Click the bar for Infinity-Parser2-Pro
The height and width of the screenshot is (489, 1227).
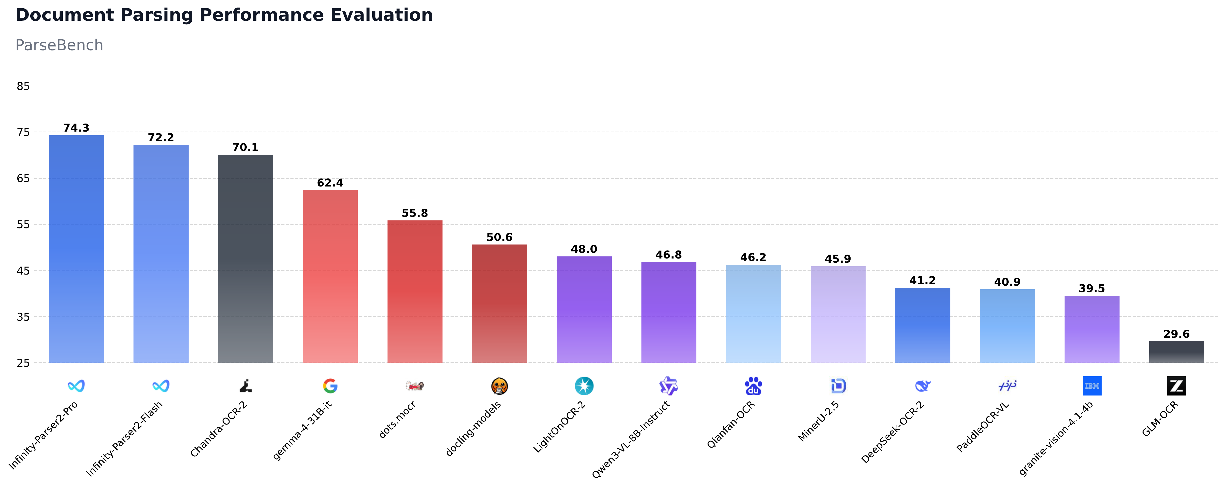[x=76, y=249]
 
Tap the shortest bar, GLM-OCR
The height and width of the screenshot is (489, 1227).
[x=1176, y=352]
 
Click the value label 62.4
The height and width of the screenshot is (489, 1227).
[x=330, y=183]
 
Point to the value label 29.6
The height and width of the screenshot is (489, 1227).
[x=1176, y=334]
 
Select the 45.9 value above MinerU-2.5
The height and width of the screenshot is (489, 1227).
[x=838, y=259]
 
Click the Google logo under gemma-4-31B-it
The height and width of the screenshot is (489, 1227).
[x=330, y=386]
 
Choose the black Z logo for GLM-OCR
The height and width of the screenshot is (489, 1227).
[x=1176, y=386]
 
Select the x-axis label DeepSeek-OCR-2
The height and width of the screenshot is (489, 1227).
[x=893, y=432]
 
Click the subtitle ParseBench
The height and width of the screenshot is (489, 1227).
[x=59, y=45]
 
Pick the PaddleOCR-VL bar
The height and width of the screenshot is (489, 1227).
[x=1007, y=326]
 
